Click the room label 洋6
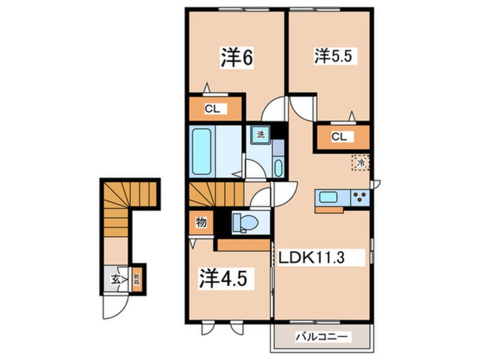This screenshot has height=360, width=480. [236, 59]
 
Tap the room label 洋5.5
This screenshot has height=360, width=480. [336, 57]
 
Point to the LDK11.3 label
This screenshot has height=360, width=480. [320, 258]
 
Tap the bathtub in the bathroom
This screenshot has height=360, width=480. [202, 152]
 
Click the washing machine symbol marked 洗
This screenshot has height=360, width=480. [260, 135]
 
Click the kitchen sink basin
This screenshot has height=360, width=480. [329, 197]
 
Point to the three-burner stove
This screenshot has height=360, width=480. [359, 197]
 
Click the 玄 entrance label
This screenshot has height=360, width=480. [115, 279]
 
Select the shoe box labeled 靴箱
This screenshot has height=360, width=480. [137, 279]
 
